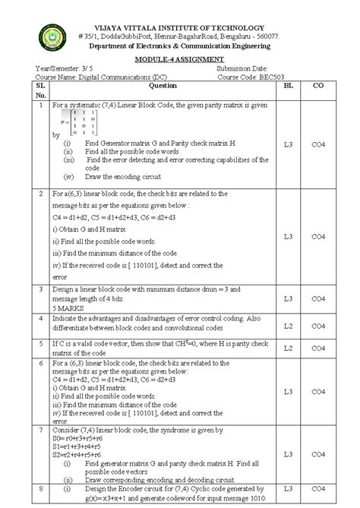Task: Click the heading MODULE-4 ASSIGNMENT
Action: coord(180,59)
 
